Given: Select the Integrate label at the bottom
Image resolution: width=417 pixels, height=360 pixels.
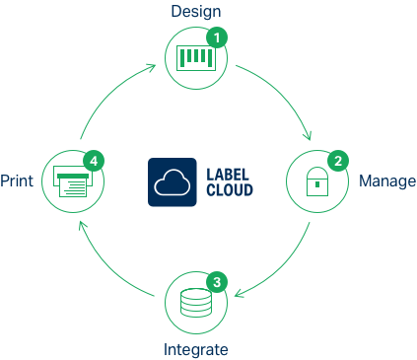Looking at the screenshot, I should tap(196, 350).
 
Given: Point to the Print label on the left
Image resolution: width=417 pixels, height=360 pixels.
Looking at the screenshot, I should tap(17, 182).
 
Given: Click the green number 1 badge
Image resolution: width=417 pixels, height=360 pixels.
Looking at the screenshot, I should tap(219, 37).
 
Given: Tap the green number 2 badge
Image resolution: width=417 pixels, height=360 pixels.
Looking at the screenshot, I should tap(337, 160).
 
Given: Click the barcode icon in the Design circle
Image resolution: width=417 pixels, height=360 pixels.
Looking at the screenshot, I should tap(196, 58).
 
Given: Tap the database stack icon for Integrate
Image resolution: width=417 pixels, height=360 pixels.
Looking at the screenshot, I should tap(196, 306).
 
